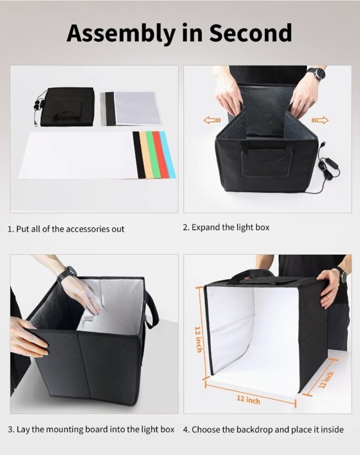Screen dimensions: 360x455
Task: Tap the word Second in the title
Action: (x=250, y=33)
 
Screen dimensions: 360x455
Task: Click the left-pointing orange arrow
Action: (x=212, y=120)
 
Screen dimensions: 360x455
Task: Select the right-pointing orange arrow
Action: (x=320, y=120)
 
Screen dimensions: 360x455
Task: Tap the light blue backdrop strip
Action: (x=168, y=154)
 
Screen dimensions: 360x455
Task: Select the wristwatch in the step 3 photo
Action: (x=67, y=274)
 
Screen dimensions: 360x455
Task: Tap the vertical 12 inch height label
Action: (x=199, y=339)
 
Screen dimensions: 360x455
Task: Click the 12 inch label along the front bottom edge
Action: (x=248, y=400)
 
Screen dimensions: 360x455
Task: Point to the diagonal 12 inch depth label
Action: (x=326, y=380)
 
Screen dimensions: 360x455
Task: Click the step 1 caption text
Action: (x=66, y=229)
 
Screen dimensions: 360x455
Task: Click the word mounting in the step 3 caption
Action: (x=64, y=430)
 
